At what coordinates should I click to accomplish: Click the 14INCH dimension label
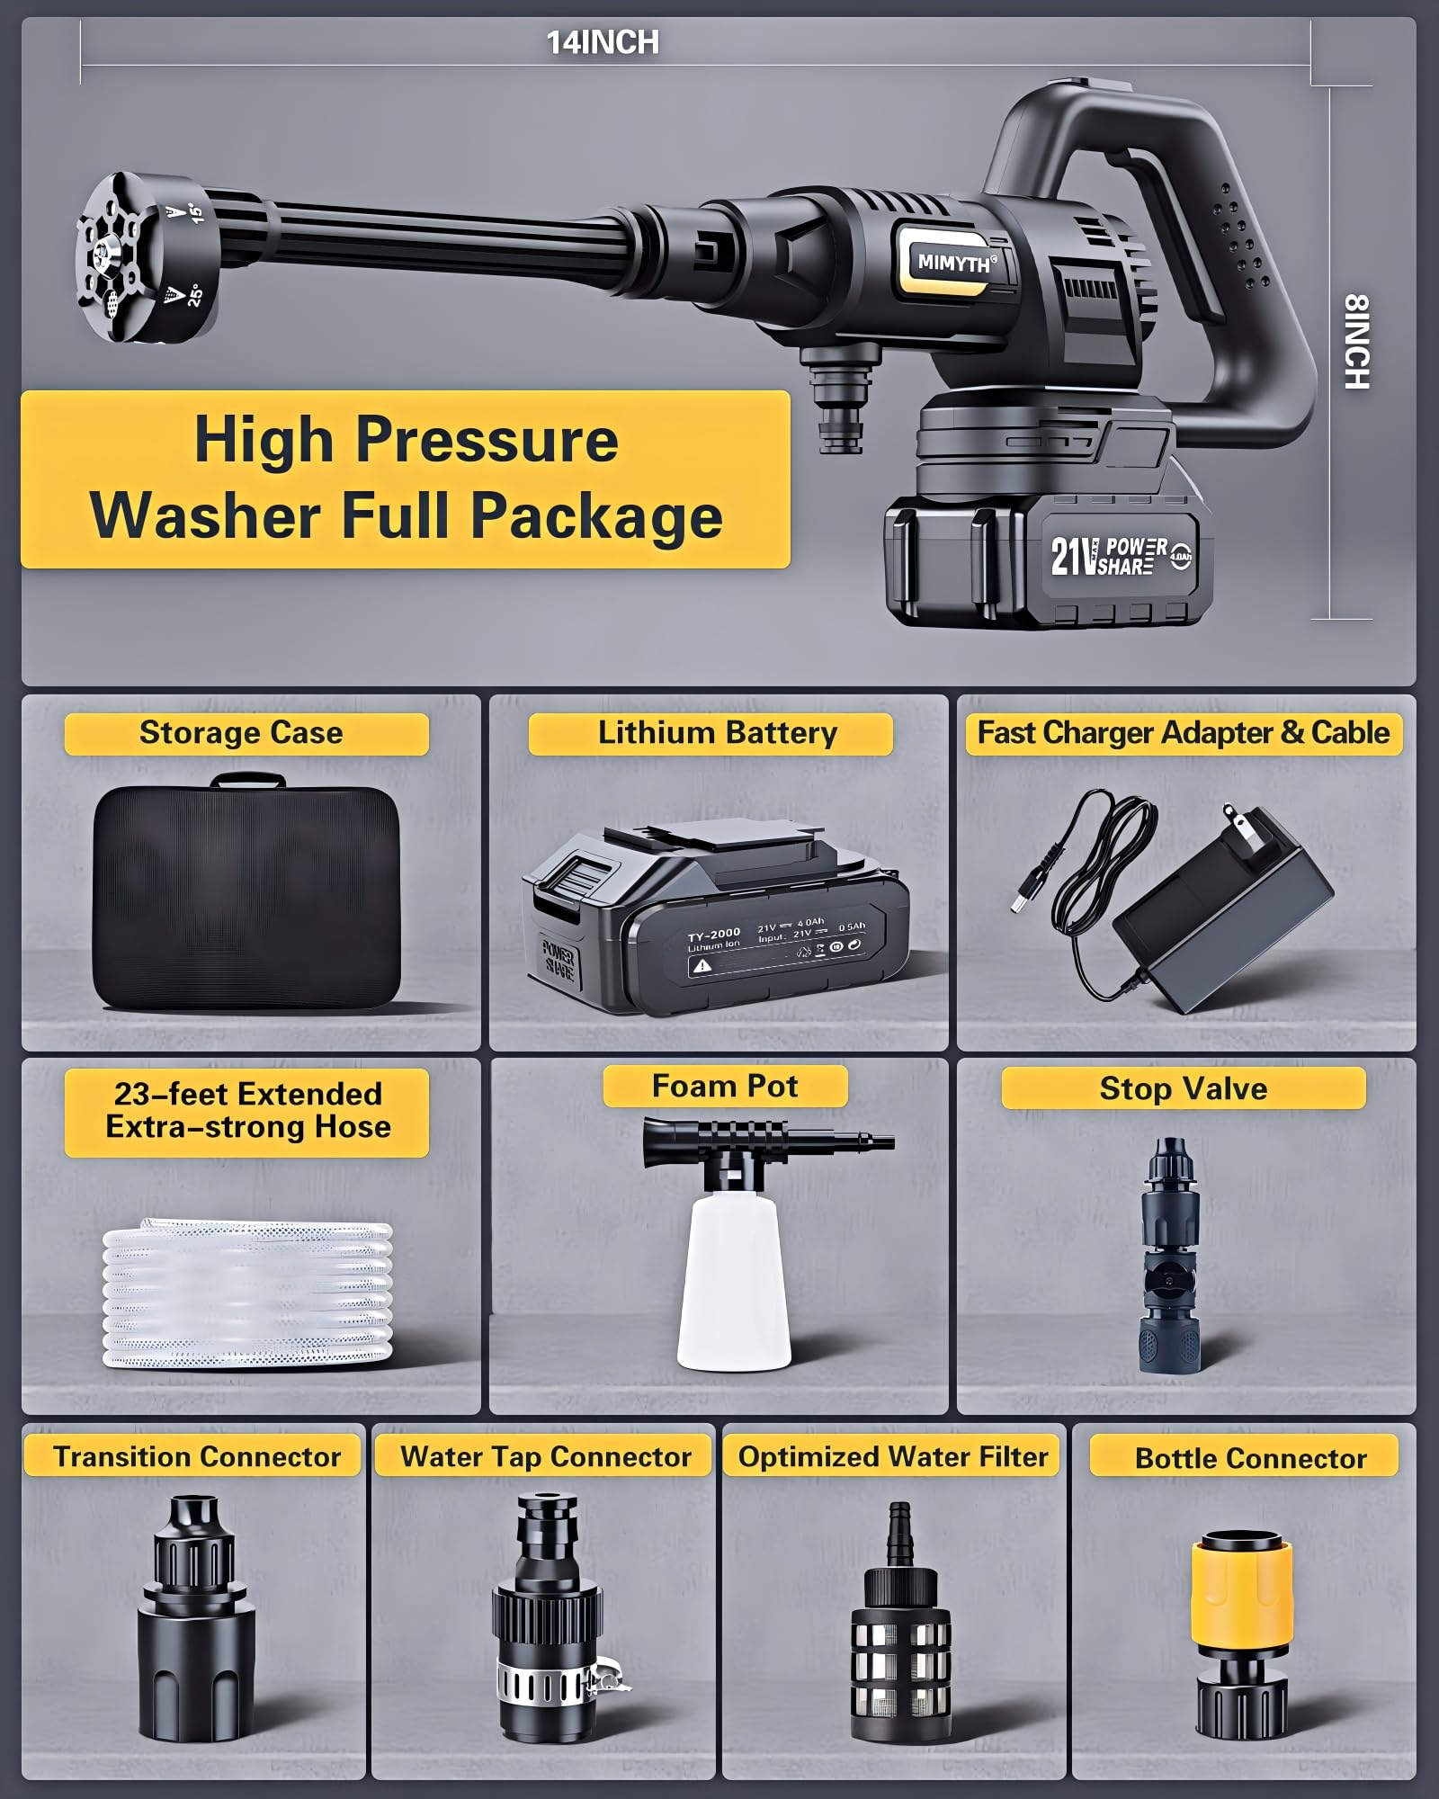pos(603,42)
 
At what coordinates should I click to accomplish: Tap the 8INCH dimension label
pos(1356,342)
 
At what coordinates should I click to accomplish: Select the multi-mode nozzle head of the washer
pos(144,259)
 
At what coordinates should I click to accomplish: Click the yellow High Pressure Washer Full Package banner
pos(405,479)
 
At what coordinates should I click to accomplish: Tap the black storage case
pos(246,897)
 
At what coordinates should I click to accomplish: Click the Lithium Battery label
pos(717,733)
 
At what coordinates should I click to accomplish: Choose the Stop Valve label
pos(1183,1088)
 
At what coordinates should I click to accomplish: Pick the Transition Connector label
pos(196,1456)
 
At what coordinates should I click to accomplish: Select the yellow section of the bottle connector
pos(1242,1589)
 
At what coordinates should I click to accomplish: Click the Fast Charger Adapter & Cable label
pos(1183,733)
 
